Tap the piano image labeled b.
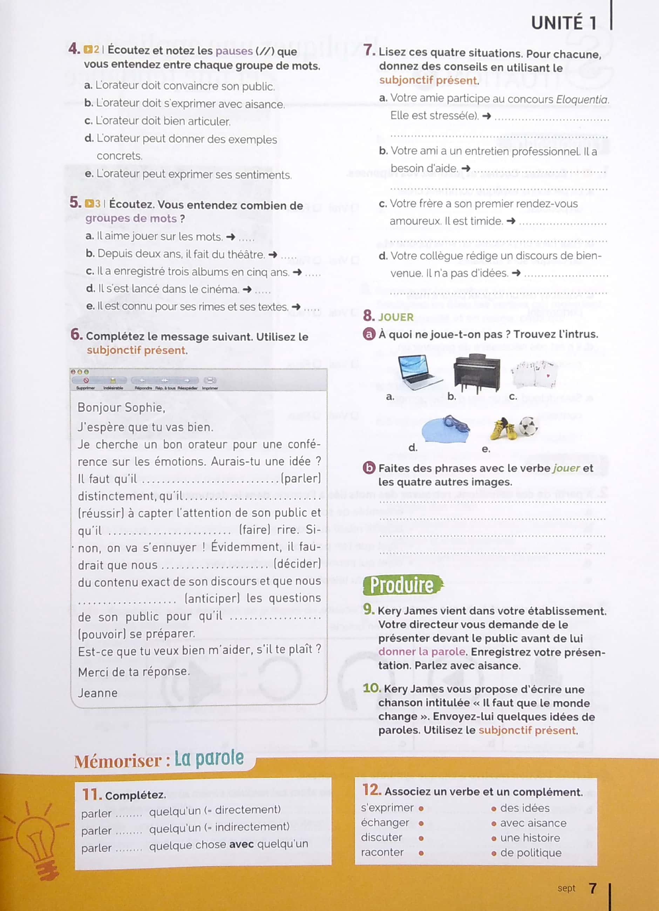coord(476,373)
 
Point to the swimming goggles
coord(456,424)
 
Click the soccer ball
coord(528,426)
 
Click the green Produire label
coord(402,585)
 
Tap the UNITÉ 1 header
coord(564,23)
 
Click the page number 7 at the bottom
coord(592,888)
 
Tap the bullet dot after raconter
coord(421,853)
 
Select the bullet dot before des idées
coord(494,809)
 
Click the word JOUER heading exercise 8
coord(396,317)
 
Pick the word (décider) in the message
coord(297,564)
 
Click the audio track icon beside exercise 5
coord(89,204)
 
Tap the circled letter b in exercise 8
coord(368,468)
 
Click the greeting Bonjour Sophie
coord(121,408)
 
